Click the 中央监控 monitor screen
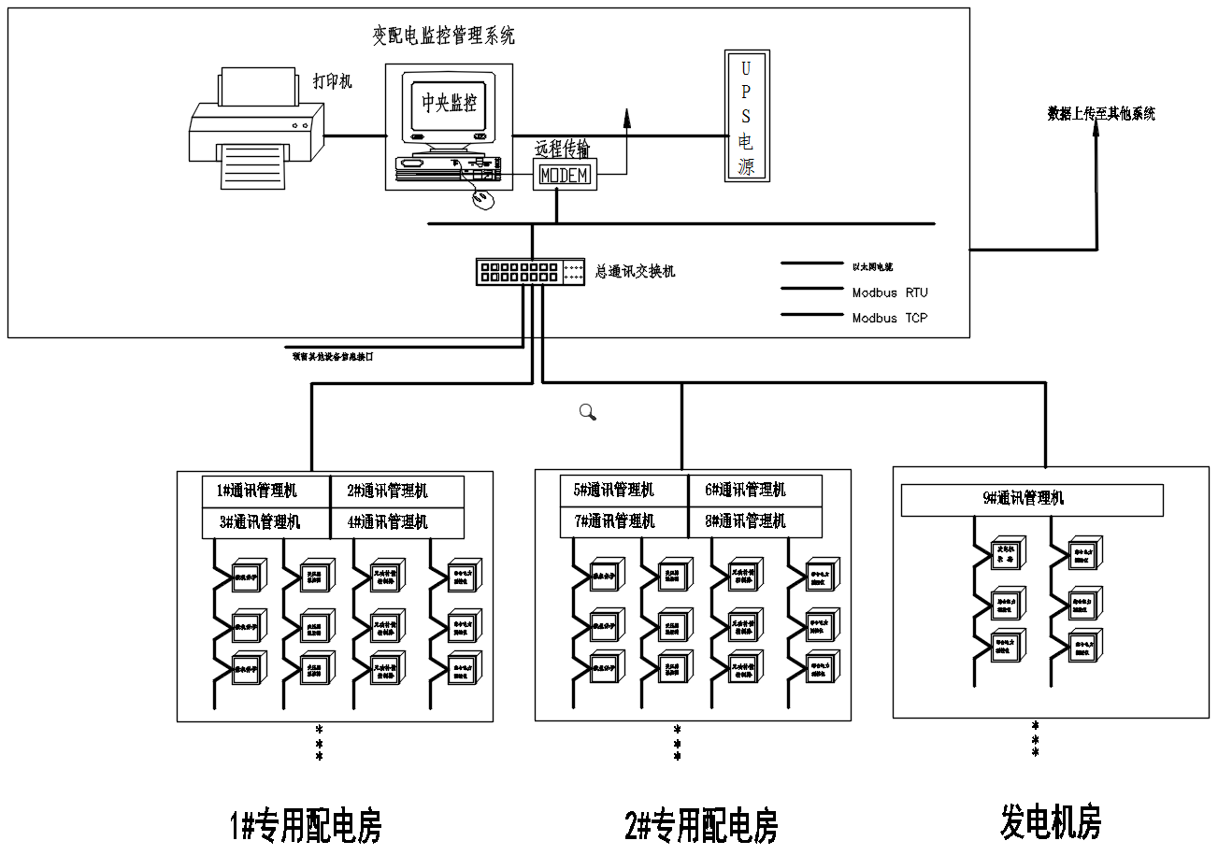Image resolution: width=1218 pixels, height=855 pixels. (449, 105)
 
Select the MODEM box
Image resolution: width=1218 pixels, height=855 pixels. (565, 175)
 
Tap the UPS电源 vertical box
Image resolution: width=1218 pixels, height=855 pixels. (747, 116)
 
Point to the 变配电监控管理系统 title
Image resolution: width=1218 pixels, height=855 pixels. (444, 36)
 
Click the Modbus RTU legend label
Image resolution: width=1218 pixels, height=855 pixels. (890, 292)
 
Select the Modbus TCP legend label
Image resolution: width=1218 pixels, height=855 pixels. (890, 318)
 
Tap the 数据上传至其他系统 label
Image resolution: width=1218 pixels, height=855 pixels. (1101, 114)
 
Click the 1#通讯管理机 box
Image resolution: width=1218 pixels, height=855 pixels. (266, 491)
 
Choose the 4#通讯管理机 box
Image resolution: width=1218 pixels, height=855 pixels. (397, 522)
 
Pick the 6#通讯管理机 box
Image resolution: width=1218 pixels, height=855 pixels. (755, 490)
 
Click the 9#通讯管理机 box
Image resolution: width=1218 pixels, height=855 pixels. (1032, 499)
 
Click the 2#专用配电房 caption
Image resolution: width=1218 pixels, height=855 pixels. (701, 826)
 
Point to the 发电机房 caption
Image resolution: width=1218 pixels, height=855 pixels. (1051, 822)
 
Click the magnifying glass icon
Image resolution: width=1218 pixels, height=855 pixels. (588, 411)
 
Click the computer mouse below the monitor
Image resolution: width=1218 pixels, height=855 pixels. (483, 199)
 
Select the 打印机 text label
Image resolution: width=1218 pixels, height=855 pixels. (333, 81)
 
